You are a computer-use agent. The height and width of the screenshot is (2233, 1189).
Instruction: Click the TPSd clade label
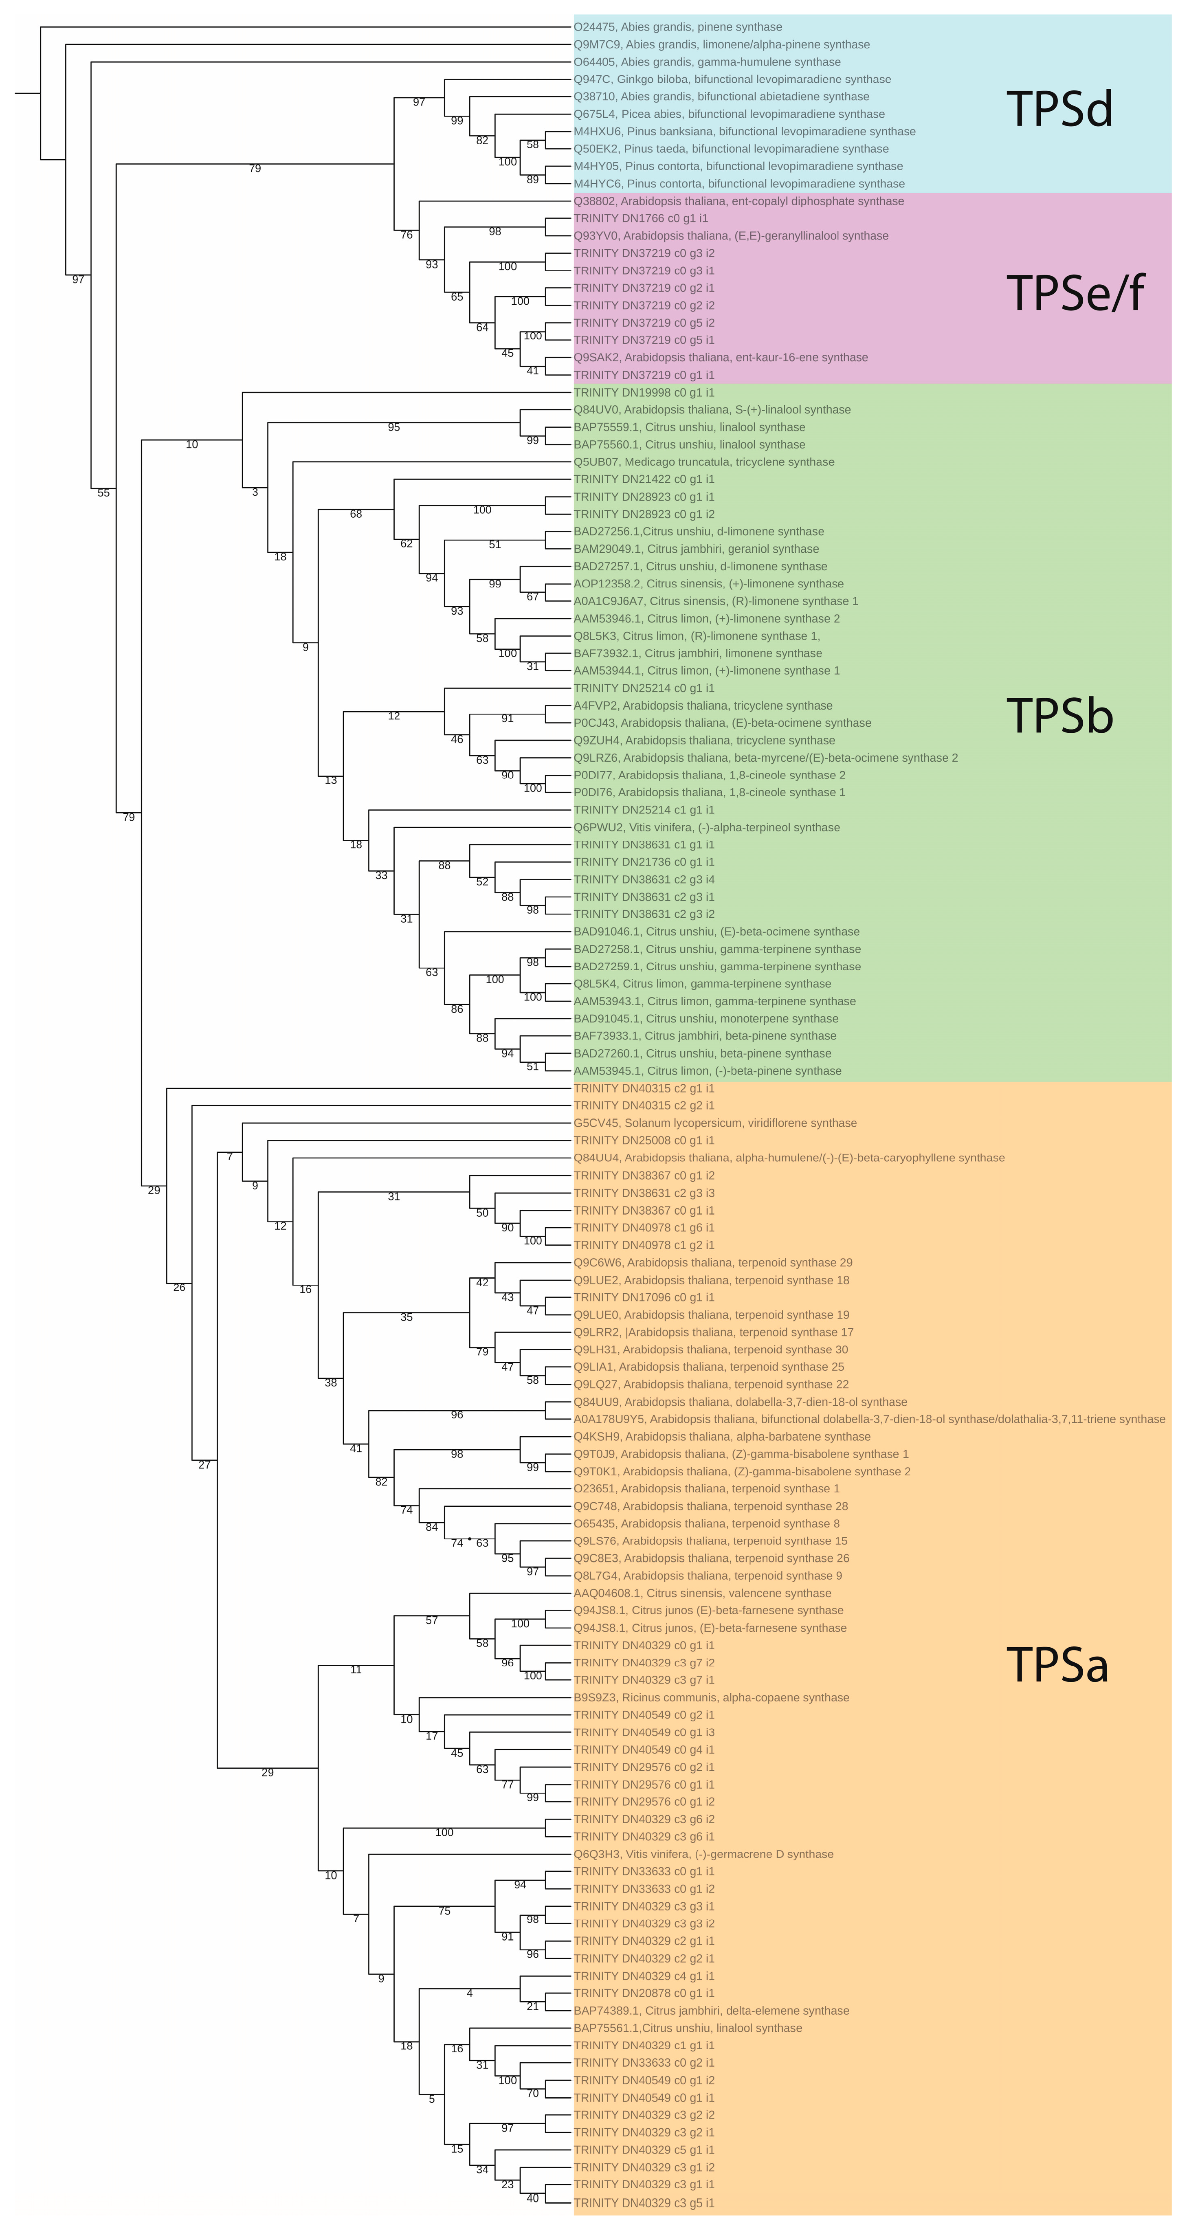click(1059, 110)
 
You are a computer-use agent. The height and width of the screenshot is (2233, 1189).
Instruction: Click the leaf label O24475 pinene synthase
click(678, 27)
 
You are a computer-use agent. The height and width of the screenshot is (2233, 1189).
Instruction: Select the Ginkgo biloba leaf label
click(732, 79)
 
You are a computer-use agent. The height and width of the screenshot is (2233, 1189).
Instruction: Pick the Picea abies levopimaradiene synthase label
click(729, 114)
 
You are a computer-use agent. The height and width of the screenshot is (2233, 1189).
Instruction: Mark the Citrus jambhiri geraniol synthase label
click(696, 549)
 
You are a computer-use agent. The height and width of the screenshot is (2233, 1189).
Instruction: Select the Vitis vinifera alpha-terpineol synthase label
click(706, 827)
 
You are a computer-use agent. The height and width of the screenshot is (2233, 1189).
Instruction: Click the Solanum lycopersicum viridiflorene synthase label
click(715, 1123)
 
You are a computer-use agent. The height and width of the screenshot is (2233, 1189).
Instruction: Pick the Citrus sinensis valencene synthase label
click(702, 1593)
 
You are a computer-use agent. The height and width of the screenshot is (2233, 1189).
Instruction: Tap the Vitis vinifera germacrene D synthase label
click(704, 1854)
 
